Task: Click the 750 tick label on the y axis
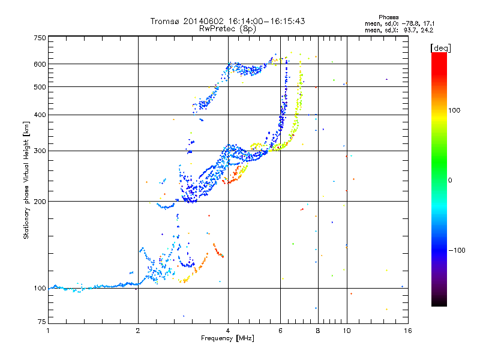point(40,38)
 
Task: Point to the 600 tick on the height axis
point(40,64)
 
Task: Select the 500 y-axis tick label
point(40,87)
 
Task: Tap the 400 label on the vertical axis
point(40,115)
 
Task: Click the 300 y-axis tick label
point(40,151)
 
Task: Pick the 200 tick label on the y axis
point(40,202)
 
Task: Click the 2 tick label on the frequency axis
point(138,331)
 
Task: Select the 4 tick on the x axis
point(228,331)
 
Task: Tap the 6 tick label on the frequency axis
point(281,331)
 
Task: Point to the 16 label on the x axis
point(407,331)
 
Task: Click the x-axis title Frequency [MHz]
point(227,338)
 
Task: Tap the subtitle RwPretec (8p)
point(227,28)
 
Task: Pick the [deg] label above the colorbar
point(441,47)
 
